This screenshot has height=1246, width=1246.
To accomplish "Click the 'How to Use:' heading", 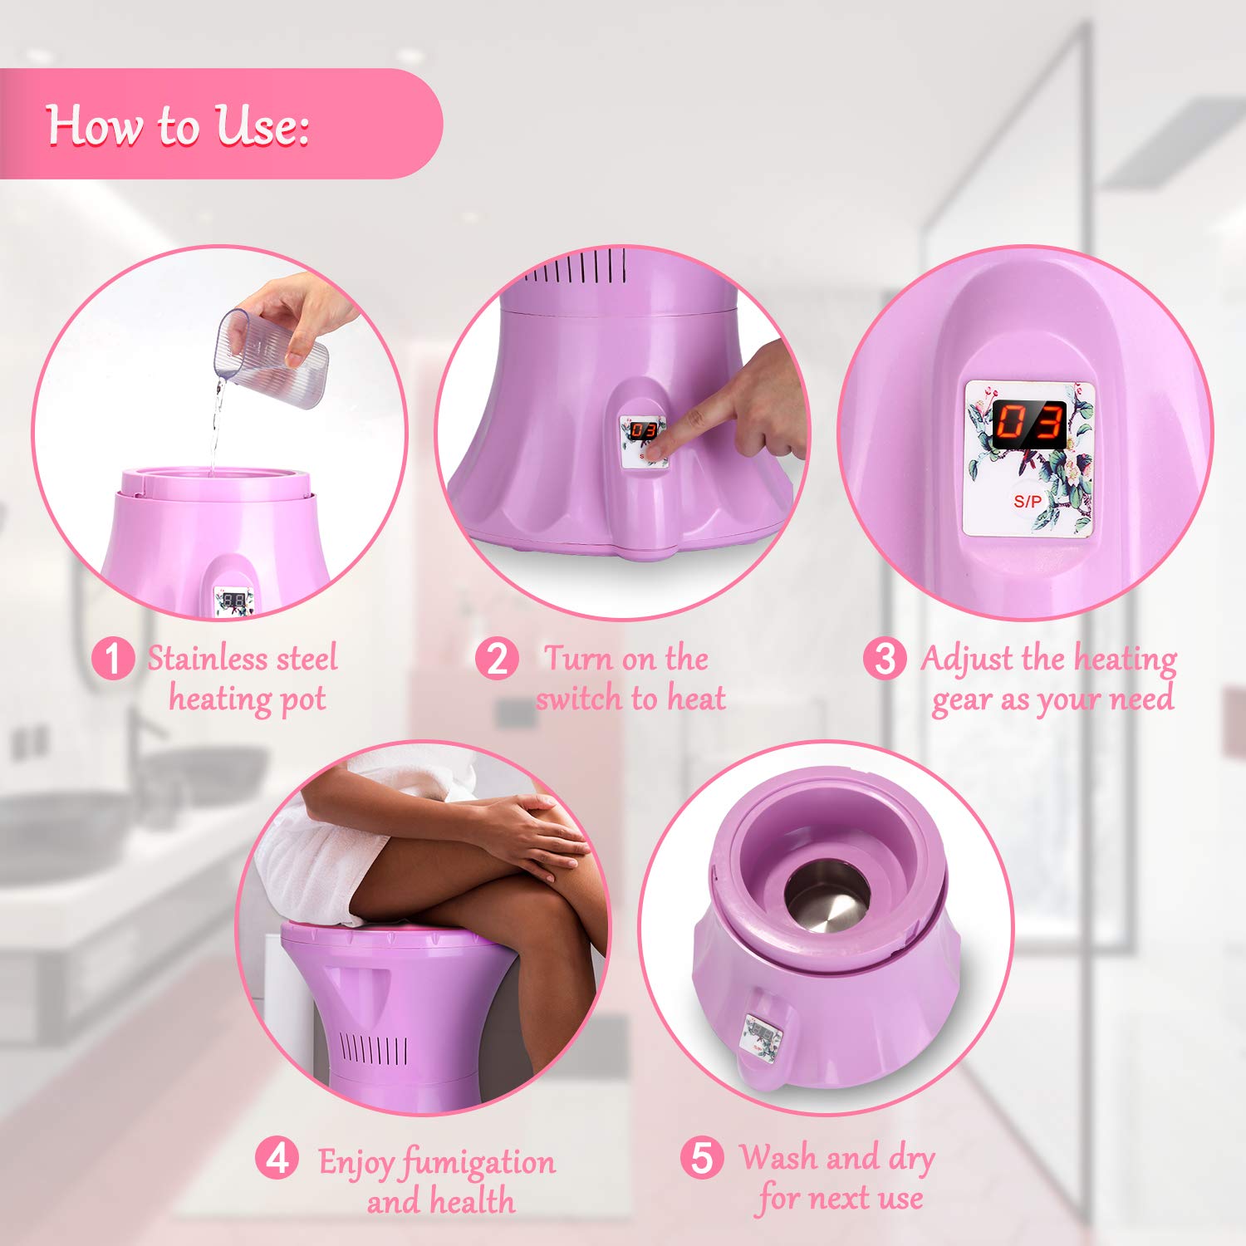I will (177, 125).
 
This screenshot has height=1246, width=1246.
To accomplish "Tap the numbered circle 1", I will (112, 659).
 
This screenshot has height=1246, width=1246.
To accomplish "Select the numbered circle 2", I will (497, 659).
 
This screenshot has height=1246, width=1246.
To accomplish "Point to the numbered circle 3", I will (885, 659).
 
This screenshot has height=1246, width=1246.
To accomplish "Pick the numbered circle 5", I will (702, 1158).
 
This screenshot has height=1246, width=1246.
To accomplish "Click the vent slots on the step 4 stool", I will (375, 1052).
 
